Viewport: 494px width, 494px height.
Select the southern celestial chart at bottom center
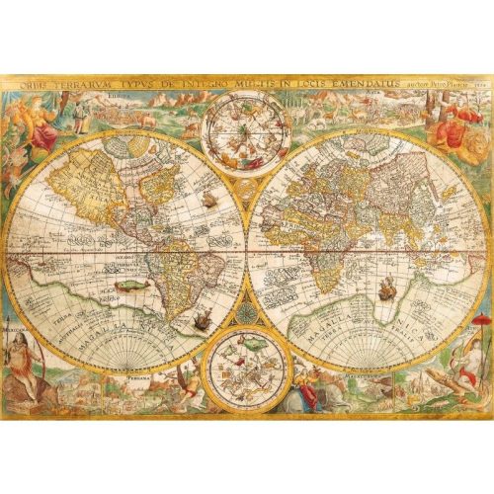point(244,370)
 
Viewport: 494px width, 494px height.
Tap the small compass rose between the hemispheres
point(245,314)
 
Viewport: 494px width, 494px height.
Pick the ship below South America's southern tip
point(202,318)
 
